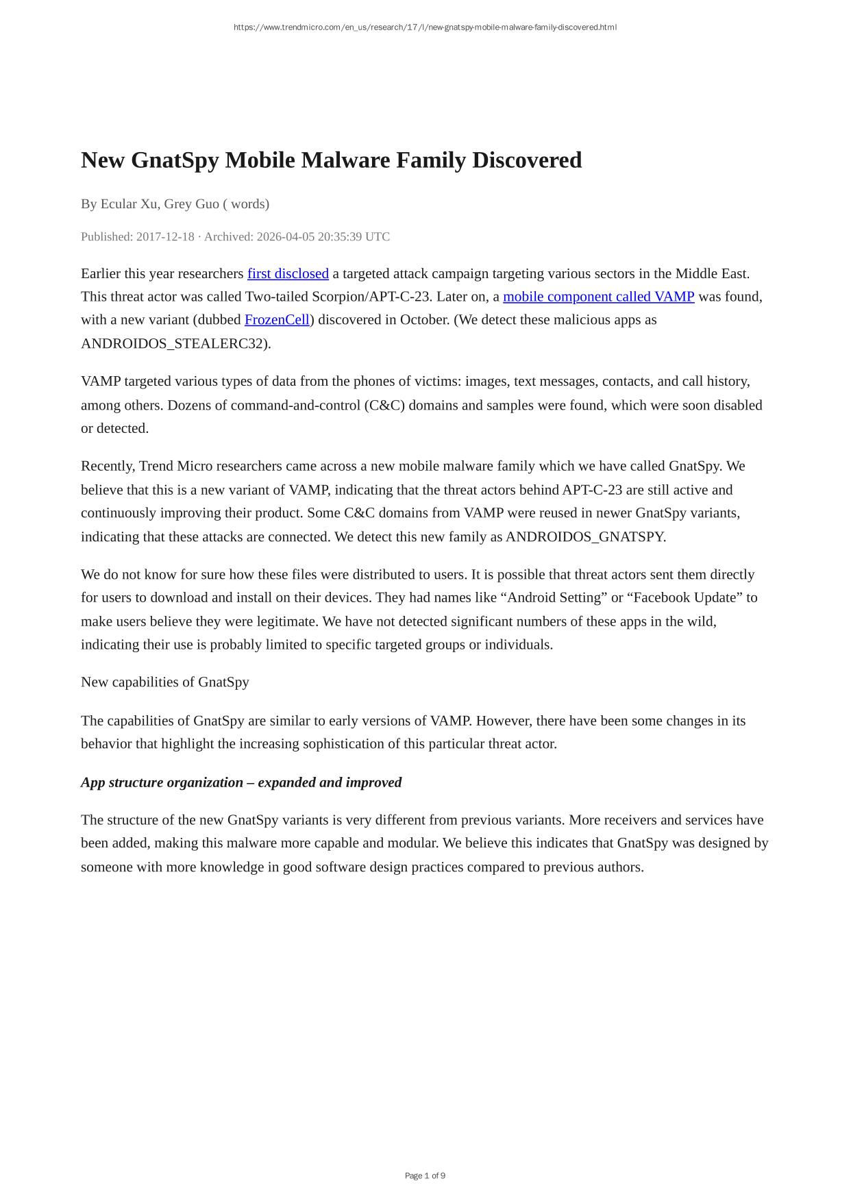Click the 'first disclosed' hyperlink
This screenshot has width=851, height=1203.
click(x=288, y=273)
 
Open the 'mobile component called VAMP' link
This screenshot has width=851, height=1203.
click(x=598, y=297)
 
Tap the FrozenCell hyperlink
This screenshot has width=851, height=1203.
click(x=277, y=320)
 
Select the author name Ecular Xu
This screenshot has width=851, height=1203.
click(x=129, y=203)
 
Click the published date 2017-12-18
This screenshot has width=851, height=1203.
click(x=165, y=236)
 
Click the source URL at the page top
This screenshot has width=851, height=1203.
click(x=425, y=27)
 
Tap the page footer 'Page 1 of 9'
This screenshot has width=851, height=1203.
click(x=425, y=1176)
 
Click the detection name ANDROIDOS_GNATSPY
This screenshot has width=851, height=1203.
click(x=584, y=536)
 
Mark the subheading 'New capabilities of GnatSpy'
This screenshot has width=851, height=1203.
click(x=165, y=682)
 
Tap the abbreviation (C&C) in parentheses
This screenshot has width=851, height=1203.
click(x=385, y=405)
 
